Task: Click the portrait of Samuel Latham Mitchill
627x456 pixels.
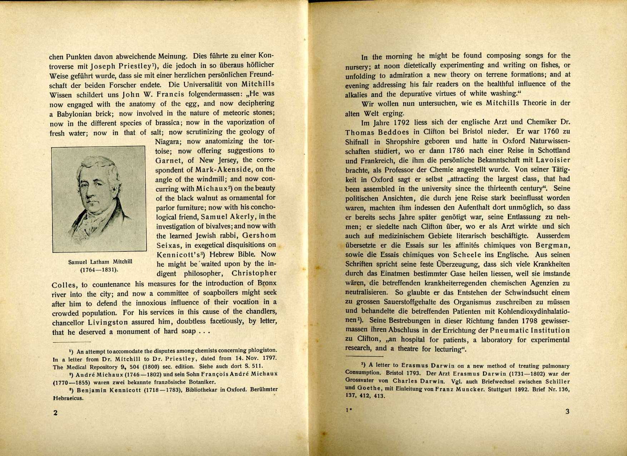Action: coord(99,199)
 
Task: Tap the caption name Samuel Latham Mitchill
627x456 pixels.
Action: coord(100,262)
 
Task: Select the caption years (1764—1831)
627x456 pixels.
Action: coord(99,270)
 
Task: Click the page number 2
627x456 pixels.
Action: coord(55,412)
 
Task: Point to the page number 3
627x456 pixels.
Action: coord(567,411)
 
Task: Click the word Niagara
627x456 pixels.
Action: coord(168,142)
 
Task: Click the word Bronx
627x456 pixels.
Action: coord(267,283)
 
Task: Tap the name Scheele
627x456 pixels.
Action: coord(473,255)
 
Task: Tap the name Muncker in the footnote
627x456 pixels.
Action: coord(457,389)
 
